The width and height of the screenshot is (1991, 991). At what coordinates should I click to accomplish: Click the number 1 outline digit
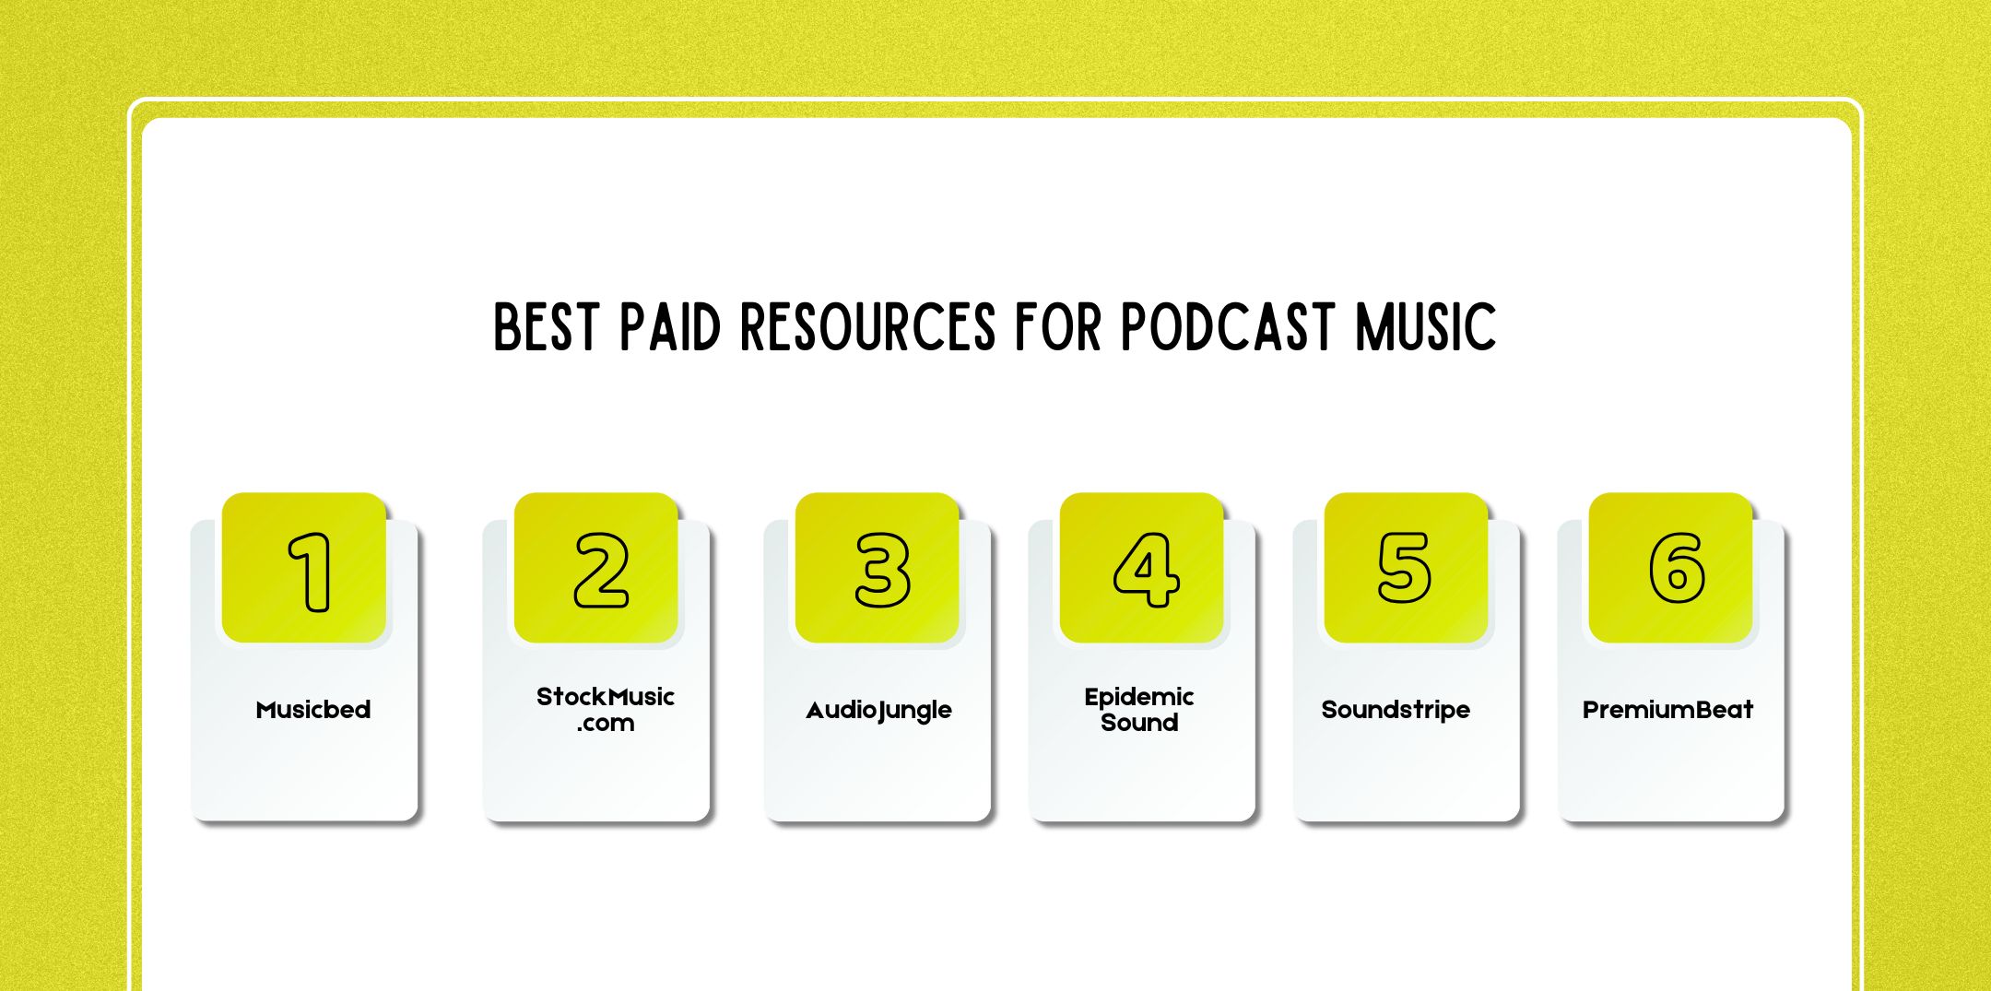click(312, 572)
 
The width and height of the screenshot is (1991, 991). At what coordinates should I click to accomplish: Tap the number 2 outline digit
click(601, 570)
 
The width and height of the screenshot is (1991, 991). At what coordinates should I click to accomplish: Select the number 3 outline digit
click(882, 570)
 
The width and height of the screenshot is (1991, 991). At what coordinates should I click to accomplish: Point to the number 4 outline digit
click(1146, 570)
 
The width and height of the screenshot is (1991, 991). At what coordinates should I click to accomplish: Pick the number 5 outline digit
click(1404, 568)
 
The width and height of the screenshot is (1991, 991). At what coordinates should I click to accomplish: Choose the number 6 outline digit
click(1676, 568)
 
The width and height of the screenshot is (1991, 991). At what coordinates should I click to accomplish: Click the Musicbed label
click(313, 710)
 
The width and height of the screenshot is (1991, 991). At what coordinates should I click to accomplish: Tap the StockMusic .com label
click(606, 709)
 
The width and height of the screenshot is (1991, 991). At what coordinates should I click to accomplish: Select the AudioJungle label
click(878, 710)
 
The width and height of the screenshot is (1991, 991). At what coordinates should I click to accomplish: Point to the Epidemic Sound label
click(1139, 709)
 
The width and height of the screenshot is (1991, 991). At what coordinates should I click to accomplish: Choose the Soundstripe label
click(1396, 710)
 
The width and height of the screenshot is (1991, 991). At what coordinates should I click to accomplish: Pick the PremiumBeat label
click(1667, 710)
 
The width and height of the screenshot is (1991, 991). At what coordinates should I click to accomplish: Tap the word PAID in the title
click(669, 327)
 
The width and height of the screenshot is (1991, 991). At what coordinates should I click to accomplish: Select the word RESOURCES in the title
click(868, 327)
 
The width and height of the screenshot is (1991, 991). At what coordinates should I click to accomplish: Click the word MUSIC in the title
click(1425, 327)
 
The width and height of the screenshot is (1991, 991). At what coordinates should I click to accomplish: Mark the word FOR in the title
click(1058, 327)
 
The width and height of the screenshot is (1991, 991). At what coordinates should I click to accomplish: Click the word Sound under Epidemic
click(1139, 723)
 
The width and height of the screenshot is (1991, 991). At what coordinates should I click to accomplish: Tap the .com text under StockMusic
click(606, 724)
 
